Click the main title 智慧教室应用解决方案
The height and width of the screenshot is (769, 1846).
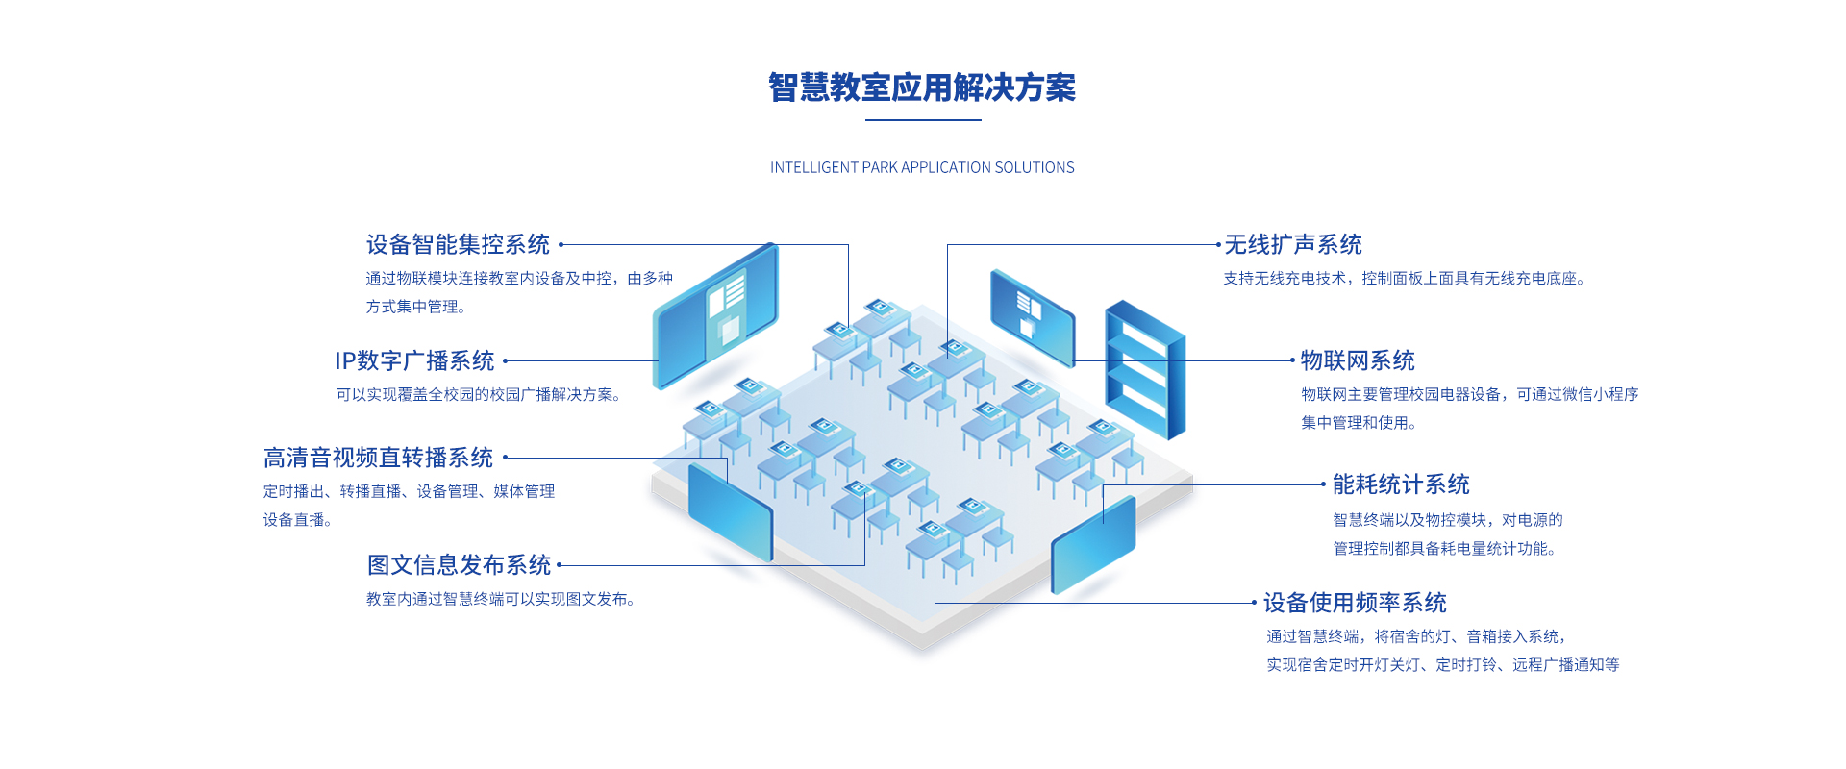[x=922, y=87]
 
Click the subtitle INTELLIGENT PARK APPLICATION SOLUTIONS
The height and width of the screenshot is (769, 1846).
[x=922, y=167]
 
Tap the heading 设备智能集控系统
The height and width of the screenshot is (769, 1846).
[x=458, y=245]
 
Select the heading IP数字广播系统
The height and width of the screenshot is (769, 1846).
[x=414, y=361]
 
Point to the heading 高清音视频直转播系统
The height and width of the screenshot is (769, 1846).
[x=378, y=458]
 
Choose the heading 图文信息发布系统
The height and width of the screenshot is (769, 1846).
[x=459, y=565]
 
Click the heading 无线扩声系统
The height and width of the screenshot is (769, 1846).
[x=1293, y=245]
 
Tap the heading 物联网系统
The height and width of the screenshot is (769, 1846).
[x=1358, y=361]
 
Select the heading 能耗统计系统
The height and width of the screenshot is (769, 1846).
[x=1401, y=484]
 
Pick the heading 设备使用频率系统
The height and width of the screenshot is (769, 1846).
[x=1355, y=603]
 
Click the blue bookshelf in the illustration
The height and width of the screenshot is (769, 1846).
[x=1145, y=370]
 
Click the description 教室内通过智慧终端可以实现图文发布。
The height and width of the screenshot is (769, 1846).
[x=500, y=600]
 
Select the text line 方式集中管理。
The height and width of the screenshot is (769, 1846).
[x=416, y=308]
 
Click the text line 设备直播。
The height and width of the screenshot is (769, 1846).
[x=298, y=520]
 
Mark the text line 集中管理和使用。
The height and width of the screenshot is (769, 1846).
[x=1359, y=423]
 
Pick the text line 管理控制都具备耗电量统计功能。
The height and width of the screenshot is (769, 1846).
[x=1444, y=549]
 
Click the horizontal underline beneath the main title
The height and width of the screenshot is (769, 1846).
[x=923, y=120]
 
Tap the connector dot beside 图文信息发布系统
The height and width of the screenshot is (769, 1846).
[x=560, y=565]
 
